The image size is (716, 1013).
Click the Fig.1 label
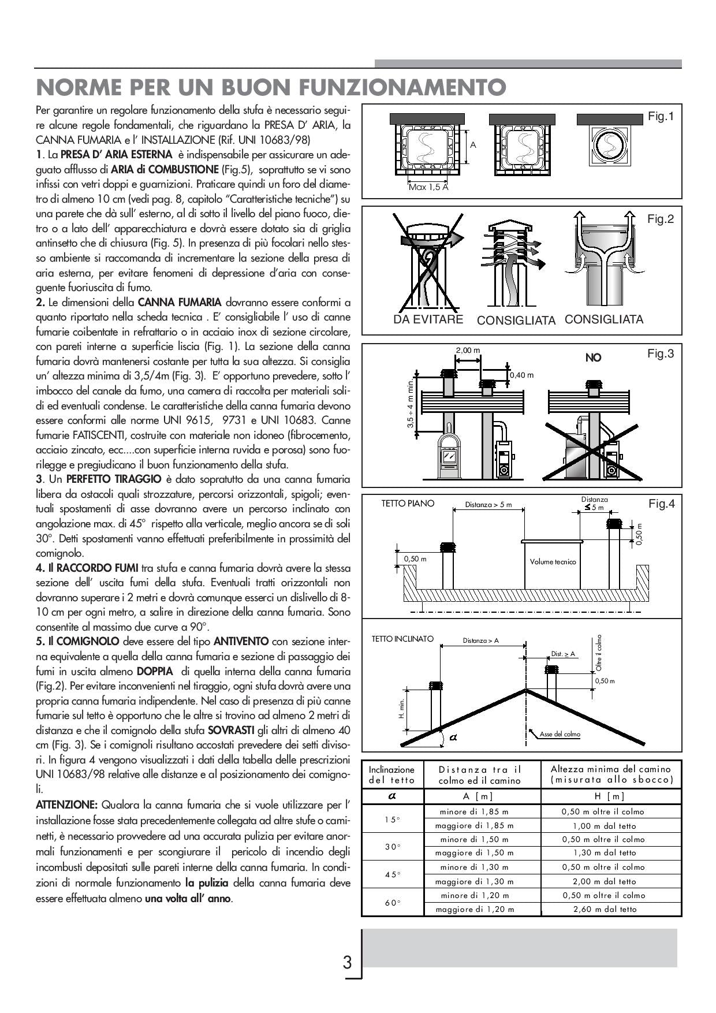(x=661, y=117)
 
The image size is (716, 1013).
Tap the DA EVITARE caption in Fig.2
(x=428, y=319)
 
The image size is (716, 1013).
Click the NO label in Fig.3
(x=593, y=358)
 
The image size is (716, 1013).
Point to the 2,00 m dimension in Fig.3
(x=468, y=351)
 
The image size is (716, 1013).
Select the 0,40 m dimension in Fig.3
(x=521, y=375)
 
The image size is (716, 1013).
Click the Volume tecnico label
(x=553, y=561)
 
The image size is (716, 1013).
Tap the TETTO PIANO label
(x=408, y=504)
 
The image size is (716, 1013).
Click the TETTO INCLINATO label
(x=402, y=639)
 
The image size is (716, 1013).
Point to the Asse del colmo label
(x=560, y=734)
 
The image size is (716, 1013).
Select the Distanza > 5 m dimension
(x=488, y=505)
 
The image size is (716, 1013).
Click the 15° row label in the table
(x=393, y=819)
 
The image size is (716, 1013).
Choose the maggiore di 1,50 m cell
(x=474, y=853)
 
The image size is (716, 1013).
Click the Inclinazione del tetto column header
(x=392, y=774)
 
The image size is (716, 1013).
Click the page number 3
(x=347, y=963)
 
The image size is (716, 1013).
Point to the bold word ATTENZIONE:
(x=66, y=805)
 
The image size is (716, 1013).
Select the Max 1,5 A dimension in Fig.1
(x=428, y=187)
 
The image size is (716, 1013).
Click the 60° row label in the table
(x=393, y=903)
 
